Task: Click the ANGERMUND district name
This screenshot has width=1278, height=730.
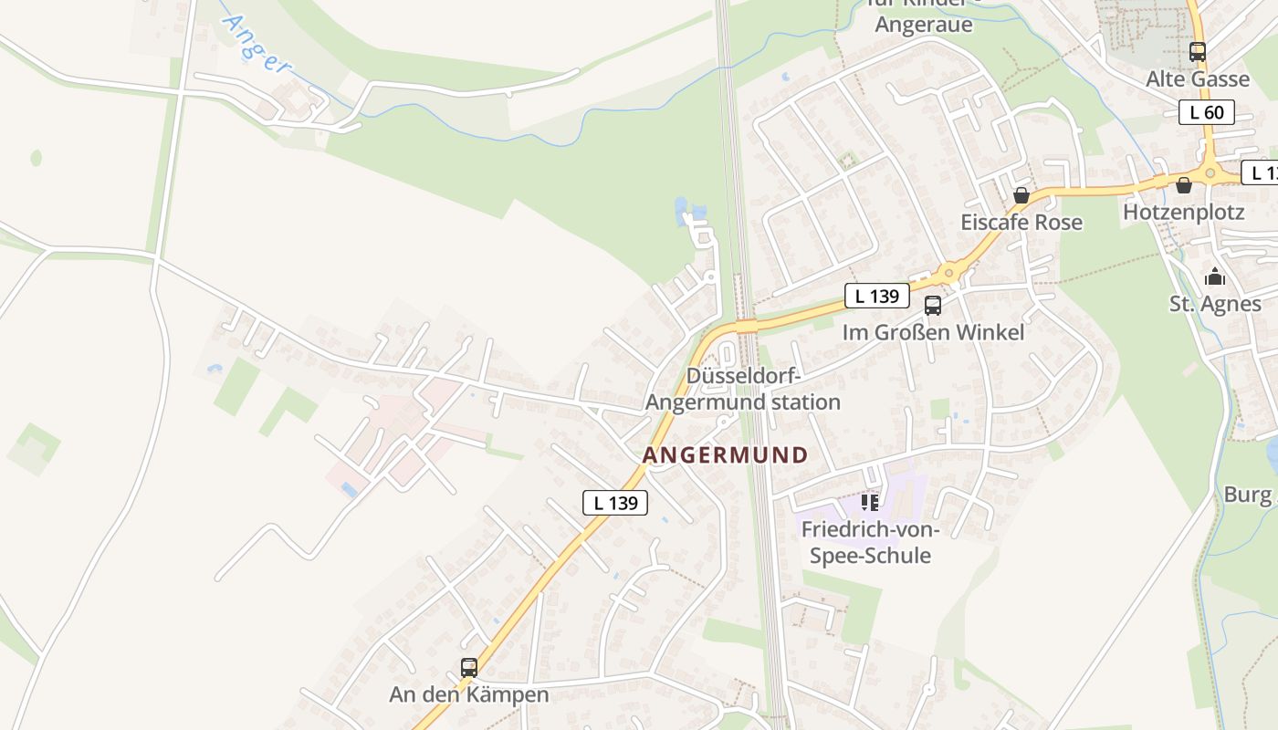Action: [x=726, y=454]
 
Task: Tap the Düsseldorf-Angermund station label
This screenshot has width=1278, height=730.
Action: [x=743, y=390]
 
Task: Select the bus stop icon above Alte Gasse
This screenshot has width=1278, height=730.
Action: [x=1197, y=52]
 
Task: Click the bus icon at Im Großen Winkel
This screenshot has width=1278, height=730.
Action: [x=932, y=306]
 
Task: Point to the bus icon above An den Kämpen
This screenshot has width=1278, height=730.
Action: [x=469, y=668]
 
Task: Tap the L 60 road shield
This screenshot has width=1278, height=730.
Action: [x=1206, y=112]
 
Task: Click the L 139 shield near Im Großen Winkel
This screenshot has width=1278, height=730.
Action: [x=877, y=296]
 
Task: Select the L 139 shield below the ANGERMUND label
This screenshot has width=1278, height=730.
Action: [x=615, y=502]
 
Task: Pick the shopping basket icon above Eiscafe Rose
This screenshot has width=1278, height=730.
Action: [x=1021, y=195]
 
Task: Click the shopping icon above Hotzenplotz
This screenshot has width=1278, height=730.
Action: [x=1184, y=185]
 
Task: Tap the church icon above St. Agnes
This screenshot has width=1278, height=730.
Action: [x=1215, y=276]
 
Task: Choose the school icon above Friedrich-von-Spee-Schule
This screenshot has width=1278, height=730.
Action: [x=870, y=502]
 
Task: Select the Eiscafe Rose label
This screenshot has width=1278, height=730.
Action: [x=1021, y=222]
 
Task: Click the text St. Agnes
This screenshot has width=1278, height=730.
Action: [x=1215, y=304]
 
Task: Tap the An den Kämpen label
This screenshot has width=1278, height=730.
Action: [x=469, y=694]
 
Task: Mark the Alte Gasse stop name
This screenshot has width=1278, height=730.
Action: [x=1198, y=79]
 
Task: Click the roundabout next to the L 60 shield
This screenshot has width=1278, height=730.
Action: [x=1210, y=172]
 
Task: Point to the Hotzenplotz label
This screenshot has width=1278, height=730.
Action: [x=1184, y=212]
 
